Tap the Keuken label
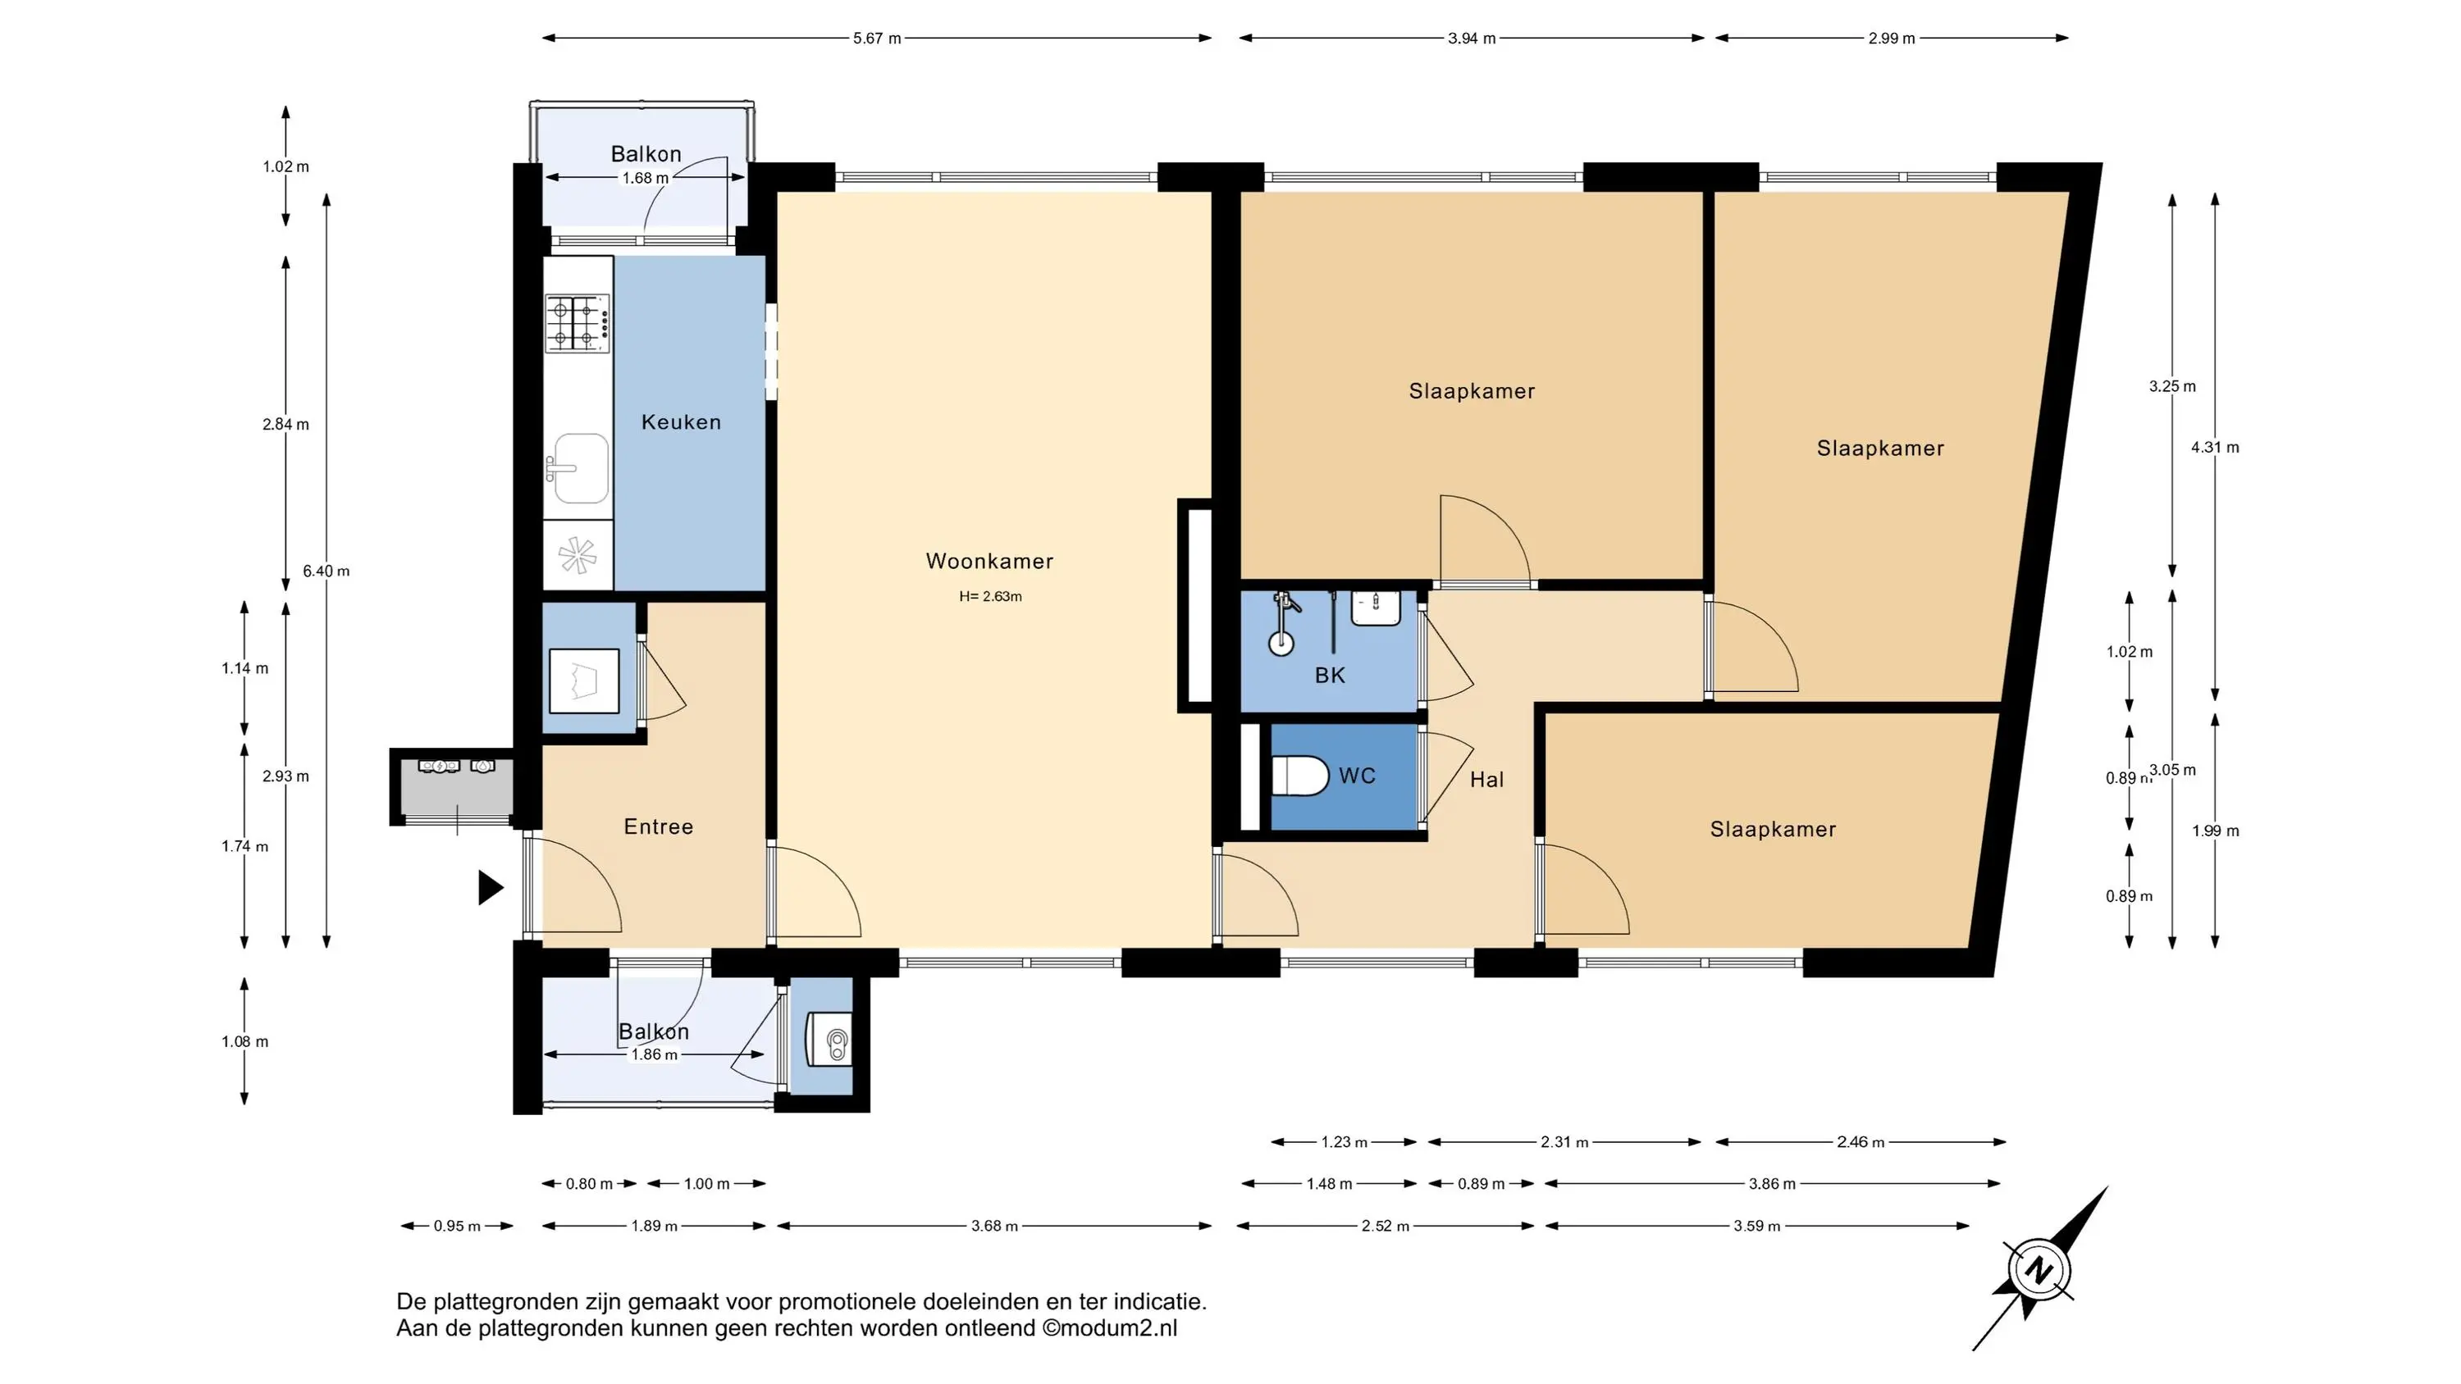click(680, 422)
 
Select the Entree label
click(658, 827)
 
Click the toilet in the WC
click(1300, 776)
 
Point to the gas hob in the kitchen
click(578, 322)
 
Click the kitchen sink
click(578, 468)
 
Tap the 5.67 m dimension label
click(877, 39)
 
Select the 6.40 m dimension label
click(326, 571)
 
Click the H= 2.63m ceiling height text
click(991, 597)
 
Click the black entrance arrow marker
click(489, 887)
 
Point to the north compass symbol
click(2039, 1269)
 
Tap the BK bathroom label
click(1330, 676)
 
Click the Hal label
click(1486, 781)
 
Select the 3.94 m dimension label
click(1471, 39)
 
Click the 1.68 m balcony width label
click(645, 179)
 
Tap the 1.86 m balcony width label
click(654, 1055)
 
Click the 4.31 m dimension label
click(2215, 447)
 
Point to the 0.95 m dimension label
click(457, 1227)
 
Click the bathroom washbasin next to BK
click(1376, 608)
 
